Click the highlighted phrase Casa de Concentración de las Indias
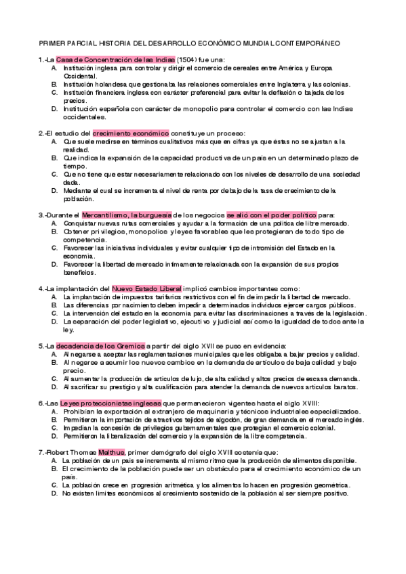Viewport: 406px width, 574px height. click(x=115, y=60)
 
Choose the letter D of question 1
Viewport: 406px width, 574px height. click(x=54, y=108)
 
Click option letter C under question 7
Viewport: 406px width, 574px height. click(x=54, y=485)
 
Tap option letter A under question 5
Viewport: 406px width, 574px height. click(x=54, y=354)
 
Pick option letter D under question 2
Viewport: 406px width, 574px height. click(x=54, y=190)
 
